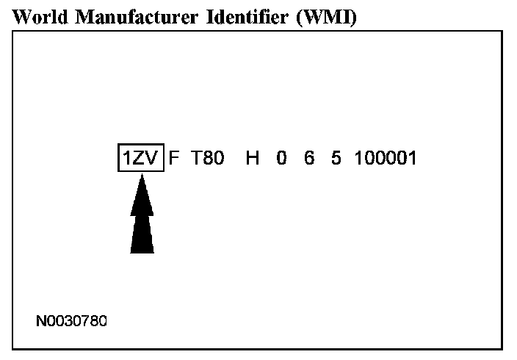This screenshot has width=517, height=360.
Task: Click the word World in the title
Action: pos(37,18)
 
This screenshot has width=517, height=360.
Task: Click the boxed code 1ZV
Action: pos(140,157)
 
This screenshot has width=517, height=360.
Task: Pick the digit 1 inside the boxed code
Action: pos(126,157)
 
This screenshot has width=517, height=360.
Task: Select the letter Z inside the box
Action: pos(138,157)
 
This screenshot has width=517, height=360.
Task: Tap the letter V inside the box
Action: pos(152,157)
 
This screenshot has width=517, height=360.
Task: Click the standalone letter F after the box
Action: pos(174,157)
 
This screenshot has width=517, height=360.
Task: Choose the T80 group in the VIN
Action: pos(207,157)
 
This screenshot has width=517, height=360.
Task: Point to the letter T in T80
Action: pos(196,157)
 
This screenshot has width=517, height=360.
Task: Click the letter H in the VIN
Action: pos(253,157)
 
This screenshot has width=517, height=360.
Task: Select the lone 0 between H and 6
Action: pos(281,157)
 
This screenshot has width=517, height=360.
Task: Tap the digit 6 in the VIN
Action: pos(309,157)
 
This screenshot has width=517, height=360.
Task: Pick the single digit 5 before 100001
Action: pos(336,157)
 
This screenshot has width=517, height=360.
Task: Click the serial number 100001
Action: pos(385,157)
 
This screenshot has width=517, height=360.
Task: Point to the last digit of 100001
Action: pos(412,157)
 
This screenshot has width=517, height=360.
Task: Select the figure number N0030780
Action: pos(71,321)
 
